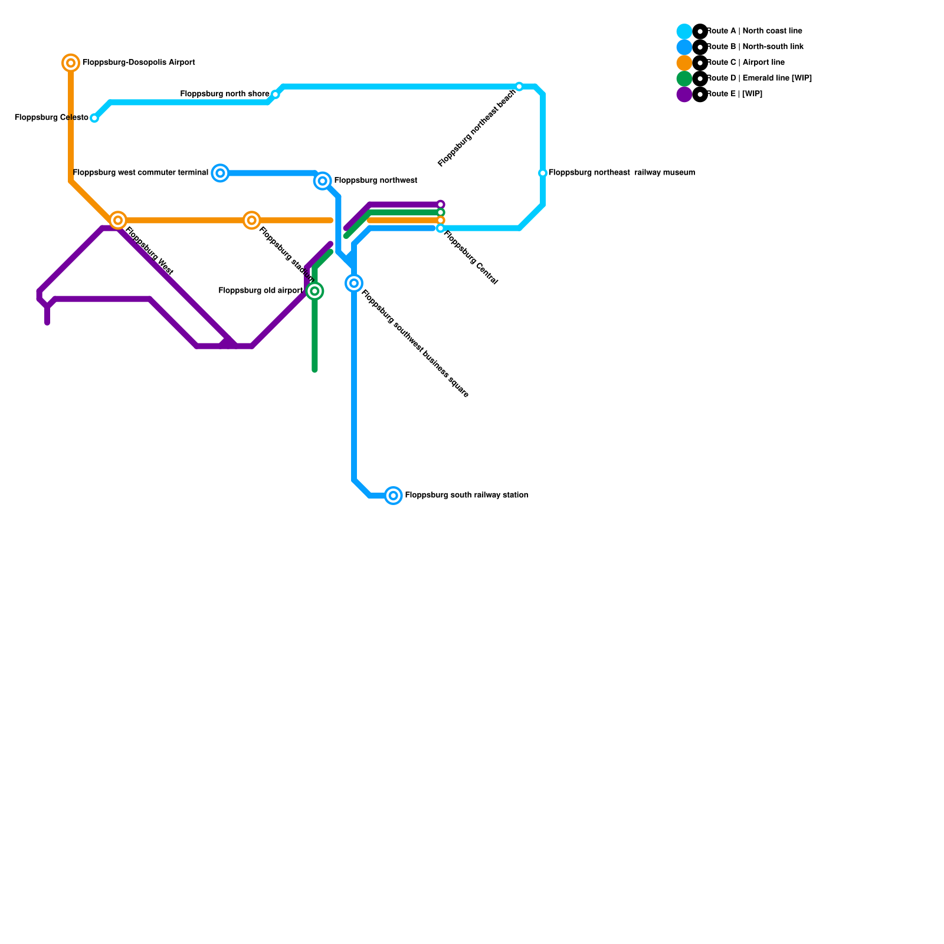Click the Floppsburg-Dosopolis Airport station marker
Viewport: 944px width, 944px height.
pyautogui.click(x=71, y=63)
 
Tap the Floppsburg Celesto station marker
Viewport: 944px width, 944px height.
pyautogui.click(x=94, y=118)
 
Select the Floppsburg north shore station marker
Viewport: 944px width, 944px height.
pyautogui.click(x=275, y=94)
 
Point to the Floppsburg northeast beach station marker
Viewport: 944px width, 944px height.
pyautogui.click(x=519, y=87)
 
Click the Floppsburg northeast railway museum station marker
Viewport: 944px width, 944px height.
pyautogui.click(x=543, y=173)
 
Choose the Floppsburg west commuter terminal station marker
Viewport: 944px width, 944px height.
pyautogui.click(x=220, y=173)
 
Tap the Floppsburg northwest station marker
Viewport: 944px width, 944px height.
pyautogui.click(x=323, y=181)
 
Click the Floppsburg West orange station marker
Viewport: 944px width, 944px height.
pyautogui.click(x=118, y=220)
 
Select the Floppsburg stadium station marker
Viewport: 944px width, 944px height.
pyautogui.click(x=252, y=220)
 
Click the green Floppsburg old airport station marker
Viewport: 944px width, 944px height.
pyautogui.click(x=315, y=291)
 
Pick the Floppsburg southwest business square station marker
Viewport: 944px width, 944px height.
pyautogui.click(x=354, y=283)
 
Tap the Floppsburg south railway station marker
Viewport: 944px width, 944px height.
pyautogui.click(x=394, y=496)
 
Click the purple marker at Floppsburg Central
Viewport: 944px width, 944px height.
pyautogui.click(x=441, y=204)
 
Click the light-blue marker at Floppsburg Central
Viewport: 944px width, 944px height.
pyautogui.click(x=441, y=228)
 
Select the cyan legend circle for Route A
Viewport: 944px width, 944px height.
pyautogui.click(x=684, y=31)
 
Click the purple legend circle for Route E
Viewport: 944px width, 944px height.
pyautogui.click(x=684, y=94)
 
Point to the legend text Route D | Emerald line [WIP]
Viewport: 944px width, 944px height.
pyautogui.click(x=759, y=78)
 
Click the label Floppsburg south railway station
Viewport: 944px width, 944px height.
pyautogui.click(x=466, y=496)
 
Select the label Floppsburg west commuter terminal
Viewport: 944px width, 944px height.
pyautogui.click(x=140, y=173)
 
